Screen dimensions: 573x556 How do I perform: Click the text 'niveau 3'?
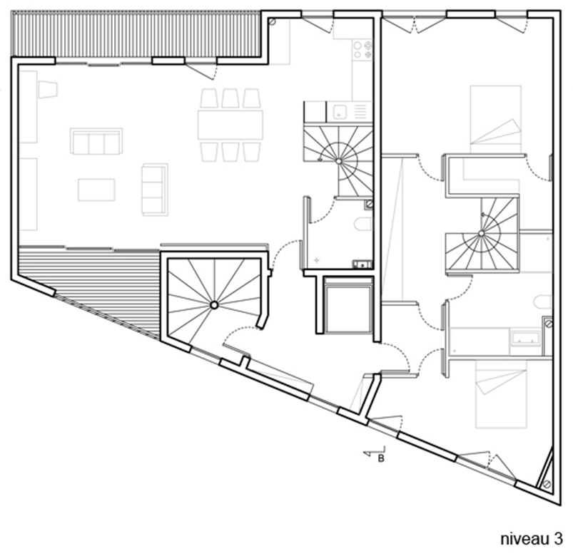coord(532,539)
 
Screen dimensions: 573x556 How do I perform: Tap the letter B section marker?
coord(381,458)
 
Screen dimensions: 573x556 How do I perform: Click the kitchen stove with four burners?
coord(362,50)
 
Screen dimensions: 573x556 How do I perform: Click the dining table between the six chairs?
coord(230,125)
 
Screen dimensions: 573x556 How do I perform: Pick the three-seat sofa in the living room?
coord(96,141)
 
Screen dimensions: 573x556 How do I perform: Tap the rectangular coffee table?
coord(96,190)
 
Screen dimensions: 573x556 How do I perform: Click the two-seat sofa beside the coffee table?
coord(155,189)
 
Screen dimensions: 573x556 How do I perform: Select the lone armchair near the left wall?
coord(48,89)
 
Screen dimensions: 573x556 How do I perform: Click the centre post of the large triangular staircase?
coord(214,305)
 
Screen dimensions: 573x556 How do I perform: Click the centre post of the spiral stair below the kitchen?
coord(339,161)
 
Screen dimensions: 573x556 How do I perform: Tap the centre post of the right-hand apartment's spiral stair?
coord(481,233)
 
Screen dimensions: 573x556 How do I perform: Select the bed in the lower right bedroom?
coord(501,393)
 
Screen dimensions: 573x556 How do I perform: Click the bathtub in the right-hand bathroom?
coord(525,338)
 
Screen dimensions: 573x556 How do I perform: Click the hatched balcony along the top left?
coord(136,35)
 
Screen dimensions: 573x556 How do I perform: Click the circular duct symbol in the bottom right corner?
coord(547,484)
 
